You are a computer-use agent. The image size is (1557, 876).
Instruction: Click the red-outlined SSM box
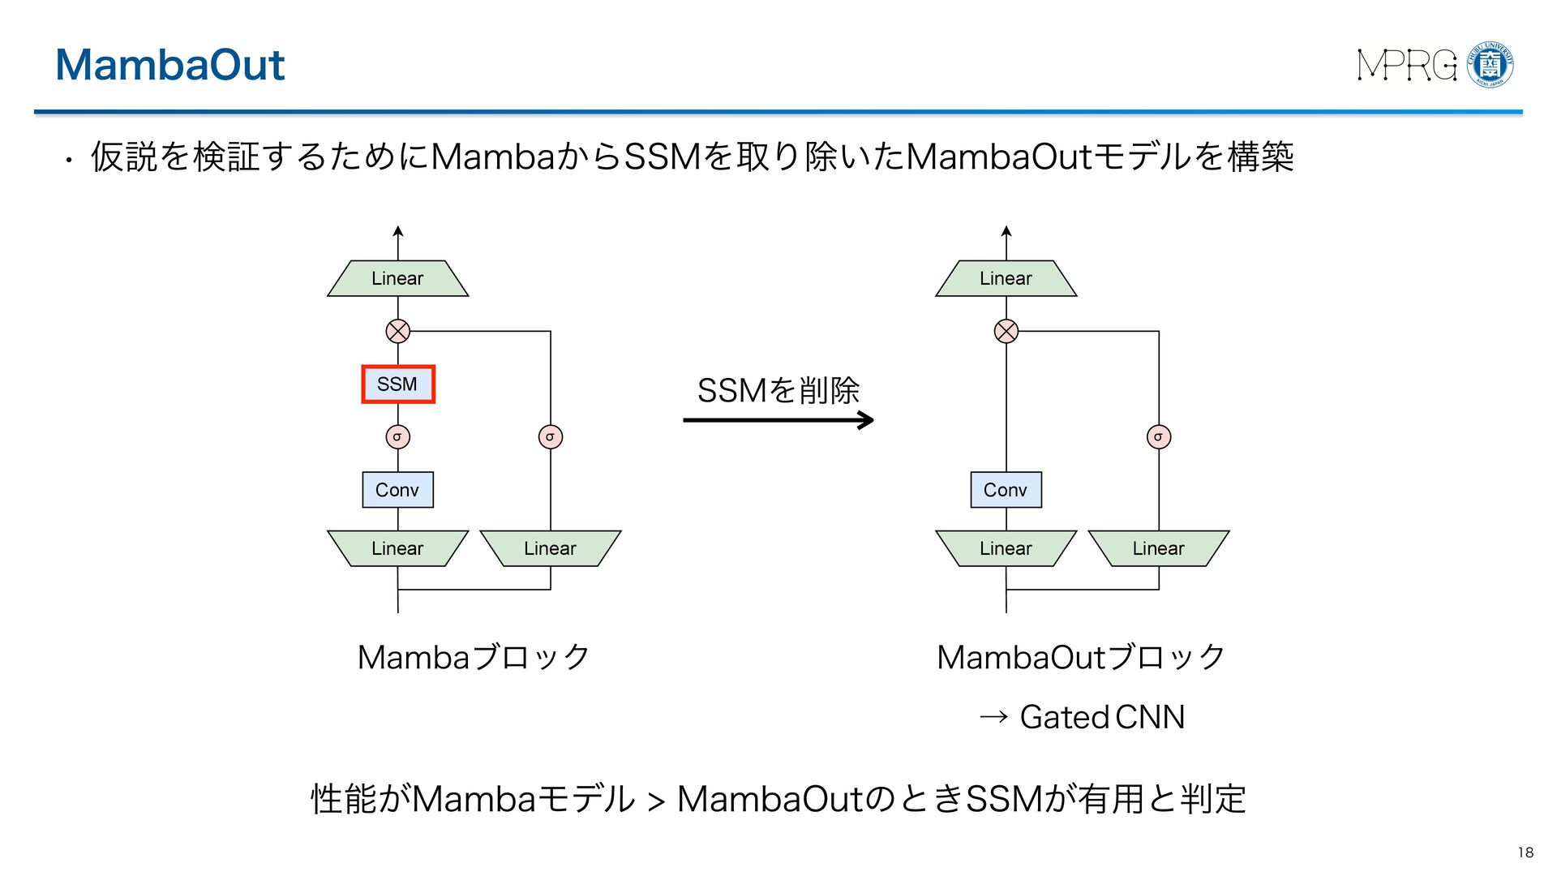pyautogui.click(x=398, y=384)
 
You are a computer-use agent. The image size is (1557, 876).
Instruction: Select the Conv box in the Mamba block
pyautogui.click(x=398, y=490)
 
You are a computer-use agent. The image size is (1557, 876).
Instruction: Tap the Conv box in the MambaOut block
pyautogui.click(x=1006, y=490)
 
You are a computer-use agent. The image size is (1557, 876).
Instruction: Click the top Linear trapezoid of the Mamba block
pyautogui.click(x=398, y=278)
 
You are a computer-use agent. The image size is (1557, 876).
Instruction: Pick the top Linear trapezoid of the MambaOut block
pyautogui.click(x=1006, y=278)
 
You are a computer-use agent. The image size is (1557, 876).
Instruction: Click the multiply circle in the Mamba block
pyautogui.click(x=398, y=331)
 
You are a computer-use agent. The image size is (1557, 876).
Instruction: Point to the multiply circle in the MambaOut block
pyautogui.click(x=1006, y=331)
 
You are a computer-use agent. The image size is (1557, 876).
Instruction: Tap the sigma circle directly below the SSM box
pyautogui.click(x=398, y=437)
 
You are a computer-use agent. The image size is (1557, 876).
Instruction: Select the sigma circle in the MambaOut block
pyautogui.click(x=1159, y=437)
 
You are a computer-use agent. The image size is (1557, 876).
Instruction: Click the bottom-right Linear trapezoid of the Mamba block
pyautogui.click(x=551, y=548)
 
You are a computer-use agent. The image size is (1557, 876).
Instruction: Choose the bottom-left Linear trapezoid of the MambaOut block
pyautogui.click(x=1006, y=548)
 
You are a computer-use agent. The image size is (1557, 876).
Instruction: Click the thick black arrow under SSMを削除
pyautogui.click(x=778, y=420)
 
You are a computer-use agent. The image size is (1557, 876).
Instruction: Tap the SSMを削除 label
pyautogui.click(x=778, y=390)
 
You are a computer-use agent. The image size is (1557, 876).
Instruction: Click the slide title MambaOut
pyautogui.click(x=170, y=64)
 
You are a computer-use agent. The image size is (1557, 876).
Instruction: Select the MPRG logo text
pyautogui.click(x=1407, y=65)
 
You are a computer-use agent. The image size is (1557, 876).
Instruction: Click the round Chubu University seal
pyautogui.click(x=1491, y=64)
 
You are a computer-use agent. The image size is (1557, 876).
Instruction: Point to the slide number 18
pyautogui.click(x=1525, y=852)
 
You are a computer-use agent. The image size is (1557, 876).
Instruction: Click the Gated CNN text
pyautogui.click(x=1102, y=717)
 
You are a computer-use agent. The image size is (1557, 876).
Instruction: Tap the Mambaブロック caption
pyautogui.click(x=474, y=657)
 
